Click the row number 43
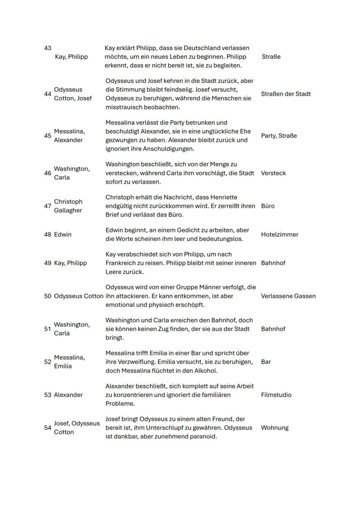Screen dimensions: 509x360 click(x=47, y=48)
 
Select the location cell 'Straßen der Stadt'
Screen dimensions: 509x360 click(x=286, y=94)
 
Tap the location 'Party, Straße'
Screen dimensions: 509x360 click(x=279, y=136)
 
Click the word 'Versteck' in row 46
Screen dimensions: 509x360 click(x=273, y=173)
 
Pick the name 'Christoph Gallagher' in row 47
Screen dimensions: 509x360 click(x=68, y=206)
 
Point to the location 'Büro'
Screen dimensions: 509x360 click(x=268, y=206)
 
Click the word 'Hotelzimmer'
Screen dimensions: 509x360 click(x=280, y=234)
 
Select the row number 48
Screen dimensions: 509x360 click(x=47, y=234)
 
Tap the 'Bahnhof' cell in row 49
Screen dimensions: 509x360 click(x=273, y=263)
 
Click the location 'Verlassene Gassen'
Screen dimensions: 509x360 click(x=288, y=296)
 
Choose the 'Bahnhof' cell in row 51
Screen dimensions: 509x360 click(x=273, y=329)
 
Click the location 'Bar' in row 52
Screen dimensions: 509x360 click(x=266, y=362)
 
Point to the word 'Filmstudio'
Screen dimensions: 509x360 click(x=276, y=395)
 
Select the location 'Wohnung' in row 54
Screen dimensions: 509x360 click(x=274, y=428)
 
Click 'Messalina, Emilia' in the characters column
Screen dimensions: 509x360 click(x=69, y=362)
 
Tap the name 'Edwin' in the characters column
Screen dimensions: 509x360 click(x=63, y=234)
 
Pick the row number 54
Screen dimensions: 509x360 click(x=47, y=428)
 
